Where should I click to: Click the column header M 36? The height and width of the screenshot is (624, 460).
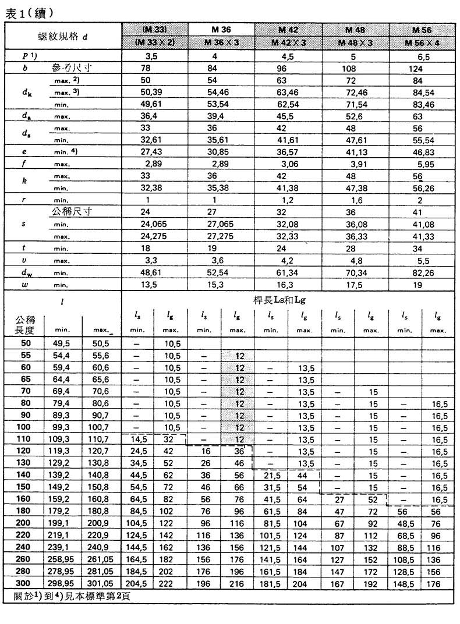pos(221,30)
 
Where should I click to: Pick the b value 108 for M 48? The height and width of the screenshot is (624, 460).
pos(355,68)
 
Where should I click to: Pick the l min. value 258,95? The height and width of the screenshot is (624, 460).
pos(64,559)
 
